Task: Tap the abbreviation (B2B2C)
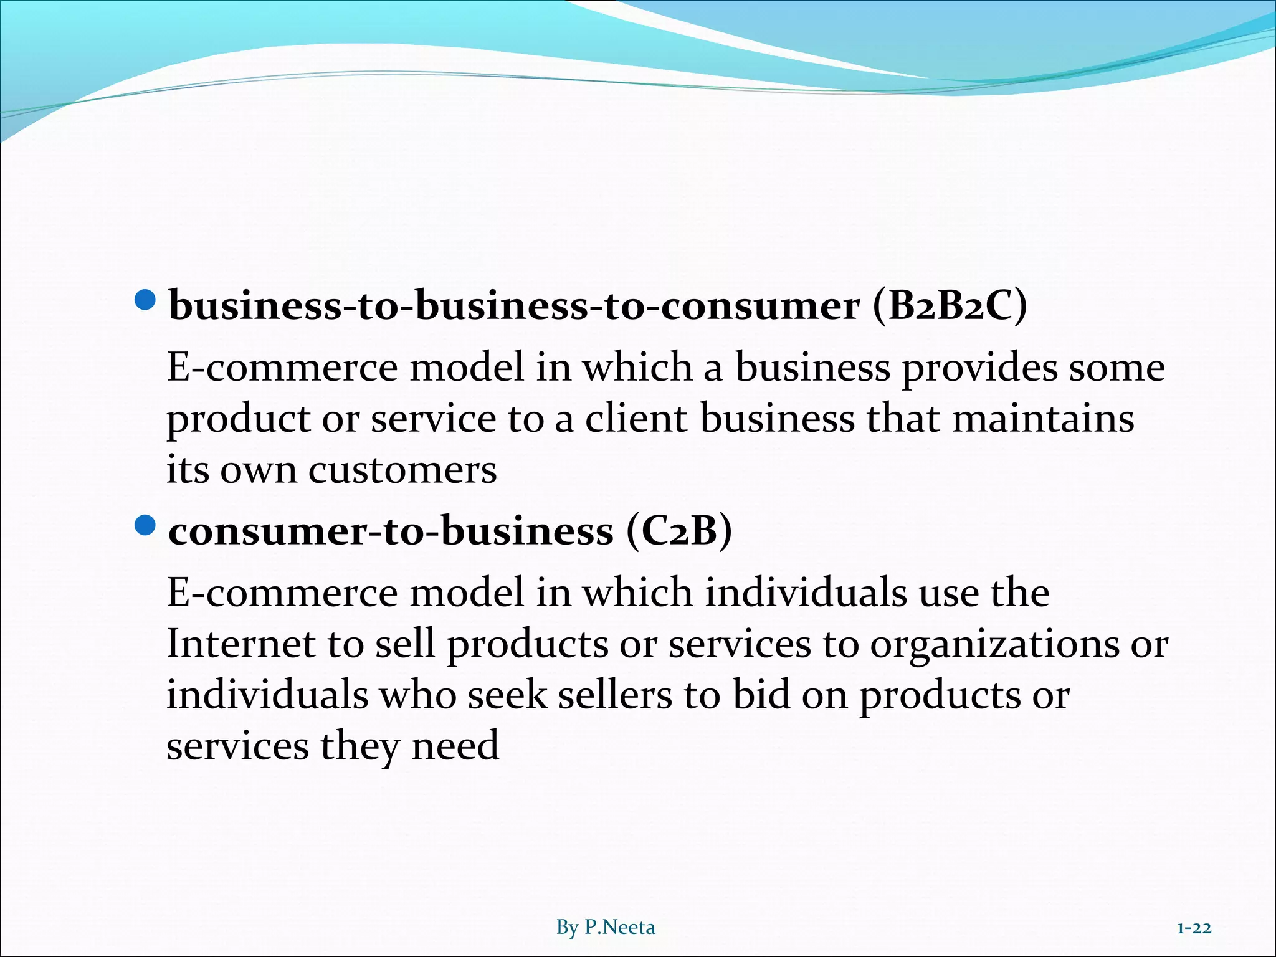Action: coord(950,307)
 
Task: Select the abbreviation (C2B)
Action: coord(679,531)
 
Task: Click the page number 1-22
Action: coord(1194,928)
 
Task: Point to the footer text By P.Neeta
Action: coord(606,927)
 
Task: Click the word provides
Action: coord(979,369)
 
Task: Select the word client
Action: coord(636,419)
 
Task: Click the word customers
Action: coord(402,470)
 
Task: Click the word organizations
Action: coord(994,645)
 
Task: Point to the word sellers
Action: coord(615,695)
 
